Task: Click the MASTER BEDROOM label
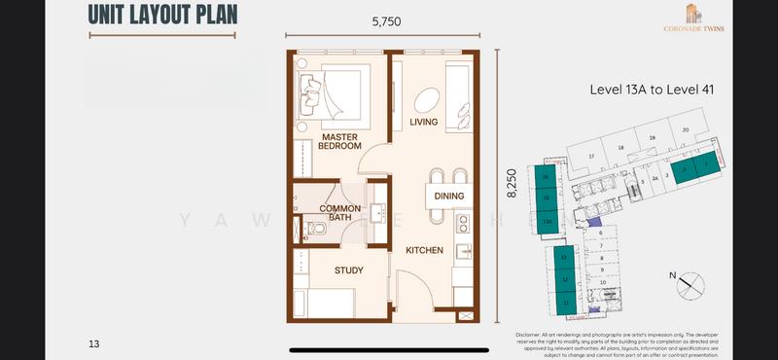tap(340, 142)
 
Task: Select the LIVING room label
tap(423, 122)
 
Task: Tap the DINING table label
tap(448, 197)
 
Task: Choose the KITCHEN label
tap(424, 250)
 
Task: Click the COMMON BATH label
tap(340, 212)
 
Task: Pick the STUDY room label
tap(348, 270)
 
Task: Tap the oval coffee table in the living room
tap(427, 99)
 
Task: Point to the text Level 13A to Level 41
tap(653, 90)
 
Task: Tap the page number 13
tap(94, 343)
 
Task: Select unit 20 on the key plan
tap(686, 129)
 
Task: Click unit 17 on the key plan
tap(590, 156)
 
